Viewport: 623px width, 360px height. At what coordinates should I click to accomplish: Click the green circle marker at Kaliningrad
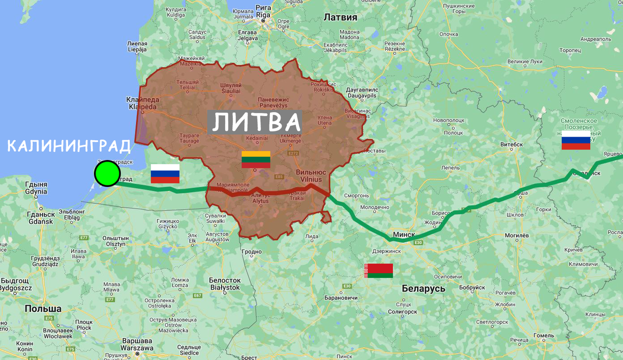pos(107,174)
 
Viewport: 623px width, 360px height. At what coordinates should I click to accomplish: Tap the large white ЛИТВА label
pos(256,123)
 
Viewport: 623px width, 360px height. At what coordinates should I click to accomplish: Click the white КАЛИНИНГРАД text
pos(69,146)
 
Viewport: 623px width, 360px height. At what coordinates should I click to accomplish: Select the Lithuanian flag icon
pos(256,159)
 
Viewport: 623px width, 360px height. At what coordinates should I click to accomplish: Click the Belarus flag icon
pos(378,271)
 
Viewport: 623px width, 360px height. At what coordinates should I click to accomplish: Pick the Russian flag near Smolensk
pos(576,140)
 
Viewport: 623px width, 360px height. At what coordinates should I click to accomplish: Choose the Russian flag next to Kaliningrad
pos(165,174)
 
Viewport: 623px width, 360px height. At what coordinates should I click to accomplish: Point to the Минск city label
pos(404,234)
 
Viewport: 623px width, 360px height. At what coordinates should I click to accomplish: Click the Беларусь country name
pos(423,288)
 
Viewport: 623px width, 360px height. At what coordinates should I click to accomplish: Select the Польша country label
pos(43,309)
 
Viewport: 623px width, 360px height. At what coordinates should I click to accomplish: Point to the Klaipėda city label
pos(142,103)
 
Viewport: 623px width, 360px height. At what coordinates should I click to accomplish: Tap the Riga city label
pos(263,12)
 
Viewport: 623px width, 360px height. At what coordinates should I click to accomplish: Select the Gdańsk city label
pos(41,218)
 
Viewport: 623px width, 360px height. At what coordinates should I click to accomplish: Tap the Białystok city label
pos(224,284)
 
